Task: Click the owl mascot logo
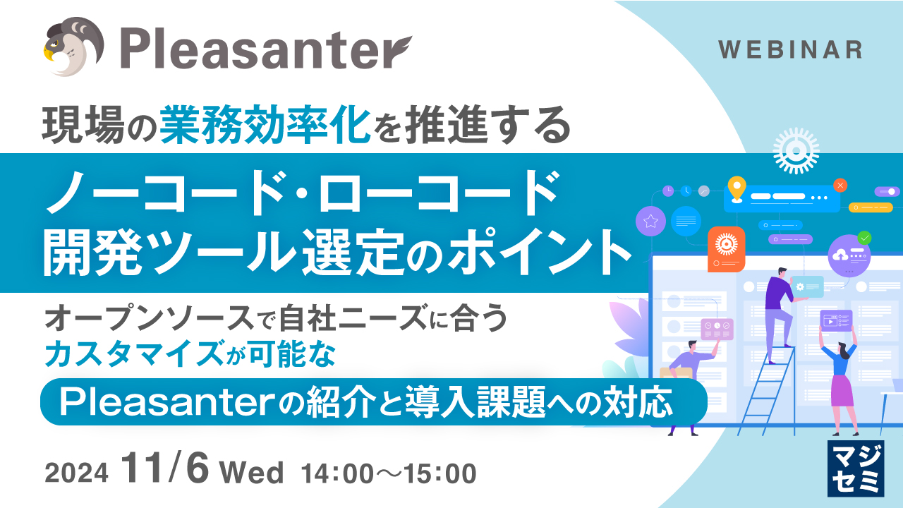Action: [x=73, y=47]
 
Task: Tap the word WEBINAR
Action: [x=790, y=50]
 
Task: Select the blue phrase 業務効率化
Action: [x=265, y=125]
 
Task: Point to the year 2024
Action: [x=77, y=473]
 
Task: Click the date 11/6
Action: [x=165, y=468]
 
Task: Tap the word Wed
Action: [x=252, y=472]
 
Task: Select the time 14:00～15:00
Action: [x=389, y=473]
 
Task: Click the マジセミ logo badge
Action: [x=856, y=468]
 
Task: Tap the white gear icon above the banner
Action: [x=796, y=151]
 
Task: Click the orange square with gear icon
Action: [x=727, y=249]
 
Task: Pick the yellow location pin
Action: [x=737, y=188]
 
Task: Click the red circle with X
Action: [x=840, y=186]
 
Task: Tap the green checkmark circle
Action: [x=864, y=238]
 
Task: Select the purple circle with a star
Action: [x=650, y=221]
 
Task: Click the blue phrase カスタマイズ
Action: [x=134, y=353]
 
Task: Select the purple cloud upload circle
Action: [x=849, y=255]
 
